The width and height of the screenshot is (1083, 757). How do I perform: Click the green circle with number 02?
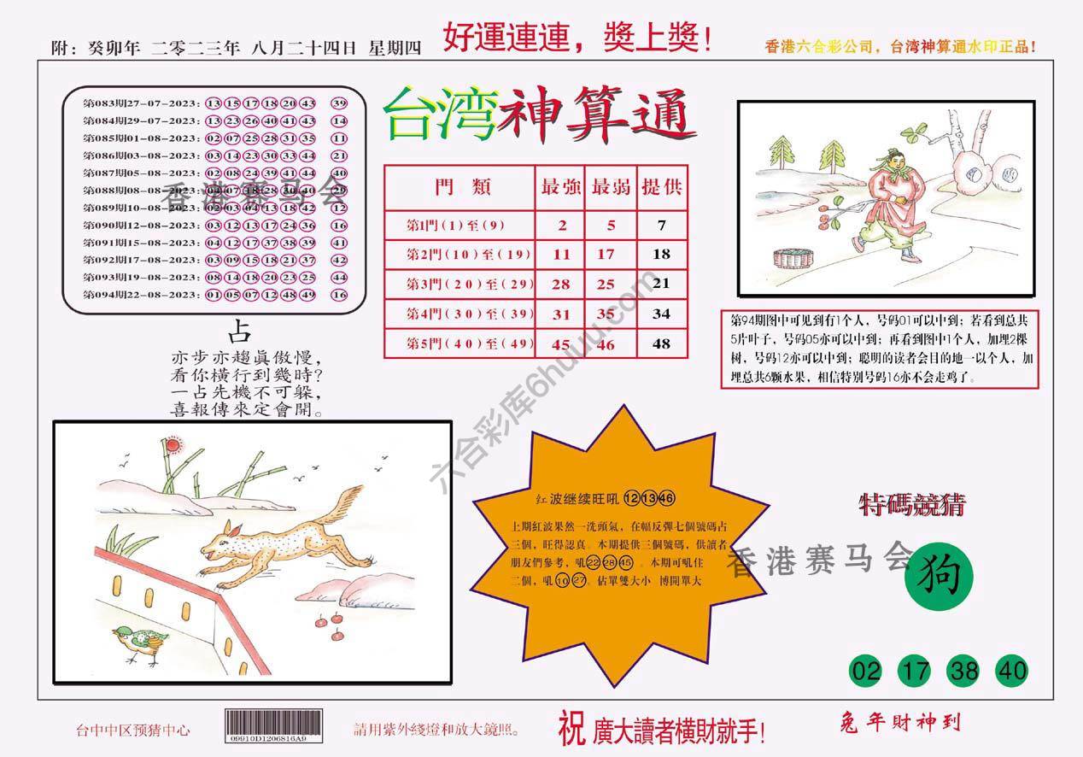coord(866,671)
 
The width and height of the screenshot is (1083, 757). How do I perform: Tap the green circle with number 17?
coord(915,671)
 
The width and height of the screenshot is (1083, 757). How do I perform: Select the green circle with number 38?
coord(963,671)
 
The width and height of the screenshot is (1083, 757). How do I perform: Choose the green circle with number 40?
coord(1012,671)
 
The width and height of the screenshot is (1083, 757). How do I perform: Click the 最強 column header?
coord(560,187)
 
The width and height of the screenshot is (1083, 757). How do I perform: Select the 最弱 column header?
coord(610,187)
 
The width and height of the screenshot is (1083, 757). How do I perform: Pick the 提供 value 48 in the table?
coord(661,344)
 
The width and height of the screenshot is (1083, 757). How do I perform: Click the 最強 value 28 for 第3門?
coord(560,284)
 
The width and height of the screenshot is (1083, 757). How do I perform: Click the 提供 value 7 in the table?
coord(661,226)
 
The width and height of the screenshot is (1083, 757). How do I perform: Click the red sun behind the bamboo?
coord(171,444)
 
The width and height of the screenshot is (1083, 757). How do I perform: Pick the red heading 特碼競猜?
coord(911,506)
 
